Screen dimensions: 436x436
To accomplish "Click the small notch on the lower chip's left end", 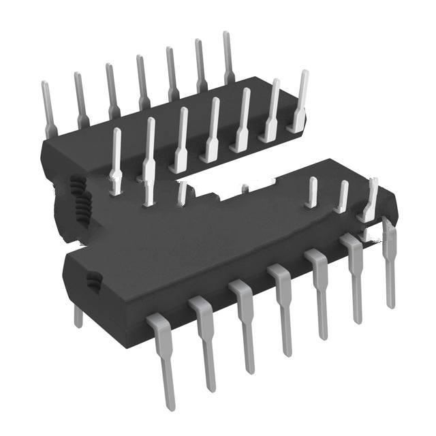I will tap(92, 278).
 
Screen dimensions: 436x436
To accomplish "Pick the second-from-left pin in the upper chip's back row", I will tap(80, 99).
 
